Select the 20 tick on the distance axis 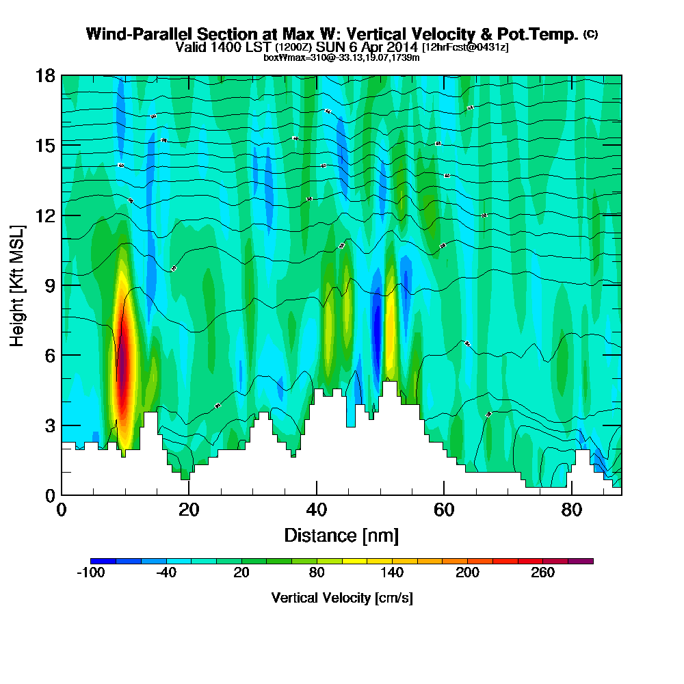pyautogui.click(x=189, y=510)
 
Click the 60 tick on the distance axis pyautogui.click(x=444, y=510)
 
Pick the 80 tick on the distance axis pyautogui.click(x=571, y=510)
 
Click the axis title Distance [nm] pyautogui.click(x=341, y=535)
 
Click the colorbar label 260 pyautogui.click(x=543, y=573)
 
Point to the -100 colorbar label pyautogui.click(x=90, y=573)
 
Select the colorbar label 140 pyautogui.click(x=393, y=573)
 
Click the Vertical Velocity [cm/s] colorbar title pyautogui.click(x=342, y=598)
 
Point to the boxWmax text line pyautogui.click(x=341, y=57)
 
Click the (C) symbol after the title pyautogui.click(x=590, y=34)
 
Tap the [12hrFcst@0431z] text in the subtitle pyautogui.click(x=465, y=48)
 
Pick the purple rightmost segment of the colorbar pyautogui.click(x=586, y=561)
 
